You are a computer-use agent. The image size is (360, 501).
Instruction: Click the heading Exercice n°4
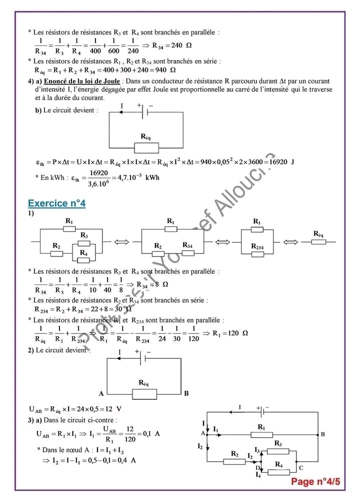pos(56,203)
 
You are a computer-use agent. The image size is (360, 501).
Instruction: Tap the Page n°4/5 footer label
pos(315,481)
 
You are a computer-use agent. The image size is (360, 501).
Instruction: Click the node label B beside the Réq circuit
pos(186,393)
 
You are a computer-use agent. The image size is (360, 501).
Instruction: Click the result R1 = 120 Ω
pos(230,333)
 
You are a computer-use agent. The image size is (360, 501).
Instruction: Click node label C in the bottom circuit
pos(300,468)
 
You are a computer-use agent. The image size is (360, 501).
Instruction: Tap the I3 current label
pos(257,450)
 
